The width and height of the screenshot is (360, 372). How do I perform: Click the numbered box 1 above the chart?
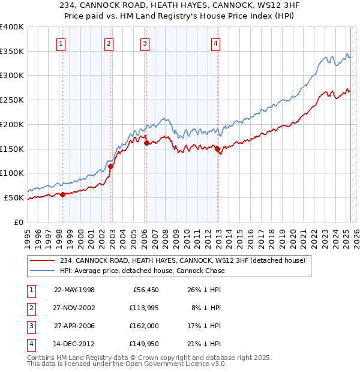(x=62, y=43)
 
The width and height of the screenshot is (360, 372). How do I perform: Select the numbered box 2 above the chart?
(x=109, y=43)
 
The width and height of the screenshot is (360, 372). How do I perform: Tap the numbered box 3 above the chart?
(x=145, y=43)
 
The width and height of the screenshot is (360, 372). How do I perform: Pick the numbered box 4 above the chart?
(x=215, y=43)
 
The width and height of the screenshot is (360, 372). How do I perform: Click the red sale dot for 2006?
(x=146, y=142)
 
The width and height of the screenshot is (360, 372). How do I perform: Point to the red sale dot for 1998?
(x=63, y=194)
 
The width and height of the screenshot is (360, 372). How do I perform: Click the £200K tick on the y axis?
(x=12, y=124)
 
